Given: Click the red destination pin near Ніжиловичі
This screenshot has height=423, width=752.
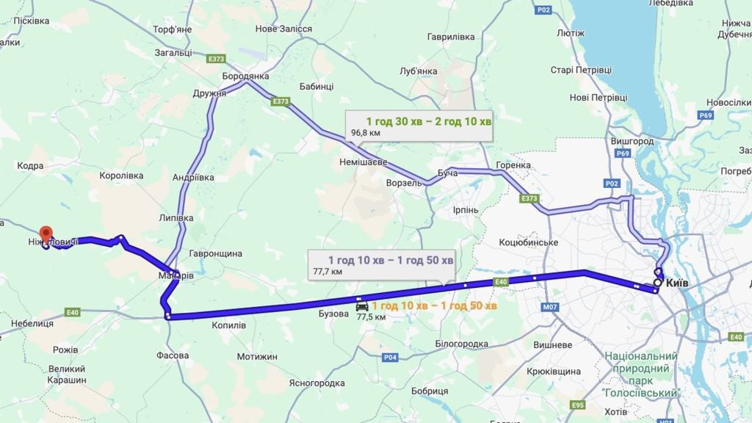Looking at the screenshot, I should [x=46, y=234].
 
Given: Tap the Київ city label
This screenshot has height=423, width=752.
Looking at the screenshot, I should [x=680, y=283].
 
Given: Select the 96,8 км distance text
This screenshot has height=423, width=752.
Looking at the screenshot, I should [x=366, y=133].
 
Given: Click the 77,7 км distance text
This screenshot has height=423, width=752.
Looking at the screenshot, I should [x=328, y=272].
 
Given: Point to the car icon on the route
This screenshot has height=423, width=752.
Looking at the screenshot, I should [x=361, y=305].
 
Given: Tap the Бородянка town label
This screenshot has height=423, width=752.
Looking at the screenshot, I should [x=245, y=76].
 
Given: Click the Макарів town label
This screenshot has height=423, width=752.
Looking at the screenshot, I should [x=176, y=276].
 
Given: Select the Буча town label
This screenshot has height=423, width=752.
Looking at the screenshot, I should [x=447, y=173].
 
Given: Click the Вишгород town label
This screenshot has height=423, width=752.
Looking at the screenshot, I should [x=632, y=141].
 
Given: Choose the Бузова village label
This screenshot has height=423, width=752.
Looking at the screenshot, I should [x=333, y=314].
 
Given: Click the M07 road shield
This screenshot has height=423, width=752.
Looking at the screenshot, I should [x=550, y=307].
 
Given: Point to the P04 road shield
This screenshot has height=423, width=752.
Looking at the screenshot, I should [x=390, y=358].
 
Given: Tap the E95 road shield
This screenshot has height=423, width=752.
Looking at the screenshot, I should [x=579, y=405].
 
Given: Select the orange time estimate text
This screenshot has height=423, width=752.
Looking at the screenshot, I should [x=434, y=305].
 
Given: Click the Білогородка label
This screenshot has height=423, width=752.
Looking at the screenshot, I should [x=462, y=344].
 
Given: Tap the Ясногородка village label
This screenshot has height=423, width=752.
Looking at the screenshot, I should [x=317, y=383].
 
